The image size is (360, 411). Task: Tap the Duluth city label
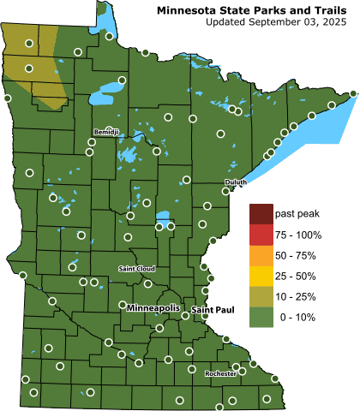236,182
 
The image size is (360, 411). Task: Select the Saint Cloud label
135,269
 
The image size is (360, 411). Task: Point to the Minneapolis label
154,306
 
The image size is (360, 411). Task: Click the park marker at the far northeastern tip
354,93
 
